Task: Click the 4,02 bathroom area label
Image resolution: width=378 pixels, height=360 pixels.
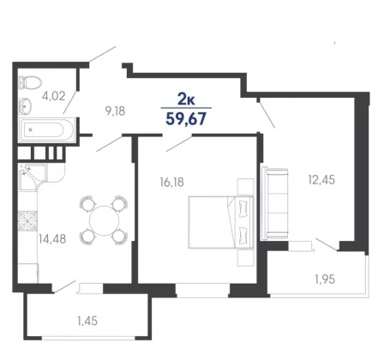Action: click(54, 96)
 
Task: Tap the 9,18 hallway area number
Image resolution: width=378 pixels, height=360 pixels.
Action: click(115, 111)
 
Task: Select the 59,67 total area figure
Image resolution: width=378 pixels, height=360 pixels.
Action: click(186, 119)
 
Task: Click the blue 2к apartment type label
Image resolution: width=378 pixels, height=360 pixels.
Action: click(186, 99)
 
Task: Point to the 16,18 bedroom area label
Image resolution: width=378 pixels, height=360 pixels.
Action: click(171, 182)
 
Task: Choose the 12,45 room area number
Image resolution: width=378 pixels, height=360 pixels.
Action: click(321, 180)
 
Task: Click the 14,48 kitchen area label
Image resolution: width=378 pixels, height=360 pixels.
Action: click(52, 239)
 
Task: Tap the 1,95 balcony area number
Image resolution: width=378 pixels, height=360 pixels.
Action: click(325, 279)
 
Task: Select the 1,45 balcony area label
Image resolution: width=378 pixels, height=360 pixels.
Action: click(87, 321)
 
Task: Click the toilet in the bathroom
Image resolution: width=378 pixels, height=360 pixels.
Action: click(30, 82)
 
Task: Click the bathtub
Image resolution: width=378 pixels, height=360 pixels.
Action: click(47, 130)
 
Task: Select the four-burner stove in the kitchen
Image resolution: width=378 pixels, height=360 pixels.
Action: click(27, 221)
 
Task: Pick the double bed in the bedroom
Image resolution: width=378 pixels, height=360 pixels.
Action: click(221, 222)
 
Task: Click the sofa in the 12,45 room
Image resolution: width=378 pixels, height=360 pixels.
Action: click(274, 203)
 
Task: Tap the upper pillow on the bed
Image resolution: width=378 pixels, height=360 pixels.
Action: click(243, 208)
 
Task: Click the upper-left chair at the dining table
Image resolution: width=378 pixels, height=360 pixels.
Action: click(87, 203)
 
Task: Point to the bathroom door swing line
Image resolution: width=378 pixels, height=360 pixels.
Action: click(70, 102)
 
